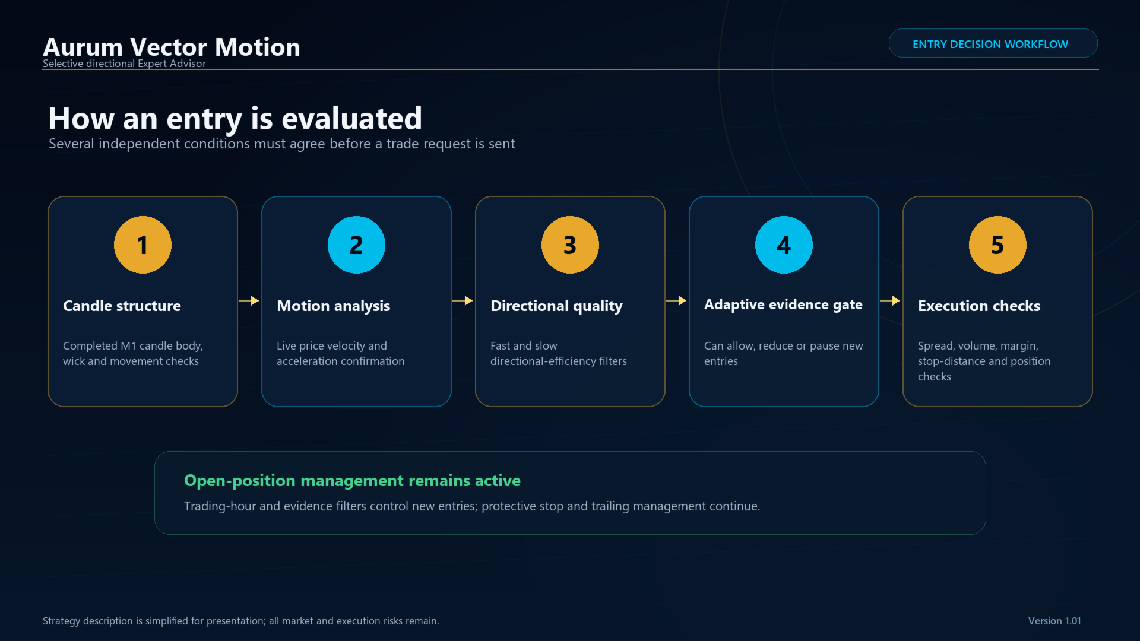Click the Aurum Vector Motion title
[172, 47]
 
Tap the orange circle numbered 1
[142, 245]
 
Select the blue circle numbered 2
[356, 245]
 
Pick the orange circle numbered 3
[570, 245]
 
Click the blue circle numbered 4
[784, 245]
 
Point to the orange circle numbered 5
[997, 245]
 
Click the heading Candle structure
[122, 306]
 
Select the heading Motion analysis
[333, 306]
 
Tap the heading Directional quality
[556, 306]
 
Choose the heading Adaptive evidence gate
[783, 305]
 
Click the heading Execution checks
[979, 306]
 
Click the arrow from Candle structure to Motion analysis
[249, 300]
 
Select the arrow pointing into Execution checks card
[890, 300]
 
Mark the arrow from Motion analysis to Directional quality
[463, 300]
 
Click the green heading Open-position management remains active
[352, 481]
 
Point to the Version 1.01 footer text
[1054, 621]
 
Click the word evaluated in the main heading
[352, 118]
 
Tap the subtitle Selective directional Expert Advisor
[124, 64]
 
